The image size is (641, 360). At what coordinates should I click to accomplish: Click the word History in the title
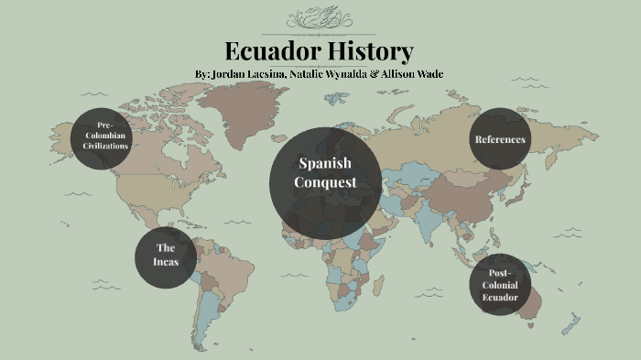tap(371, 51)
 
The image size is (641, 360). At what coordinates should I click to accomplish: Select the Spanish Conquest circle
tap(325, 182)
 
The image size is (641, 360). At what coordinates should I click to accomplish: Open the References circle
tap(499, 139)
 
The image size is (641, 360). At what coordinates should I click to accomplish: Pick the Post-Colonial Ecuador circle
tap(500, 284)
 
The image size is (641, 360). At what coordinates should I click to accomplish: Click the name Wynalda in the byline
tap(342, 73)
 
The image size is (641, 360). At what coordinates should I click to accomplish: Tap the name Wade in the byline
tap(427, 73)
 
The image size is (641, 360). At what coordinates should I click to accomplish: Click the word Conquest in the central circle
tap(325, 182)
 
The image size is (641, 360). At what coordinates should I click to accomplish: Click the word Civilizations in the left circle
tap(104, 147)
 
